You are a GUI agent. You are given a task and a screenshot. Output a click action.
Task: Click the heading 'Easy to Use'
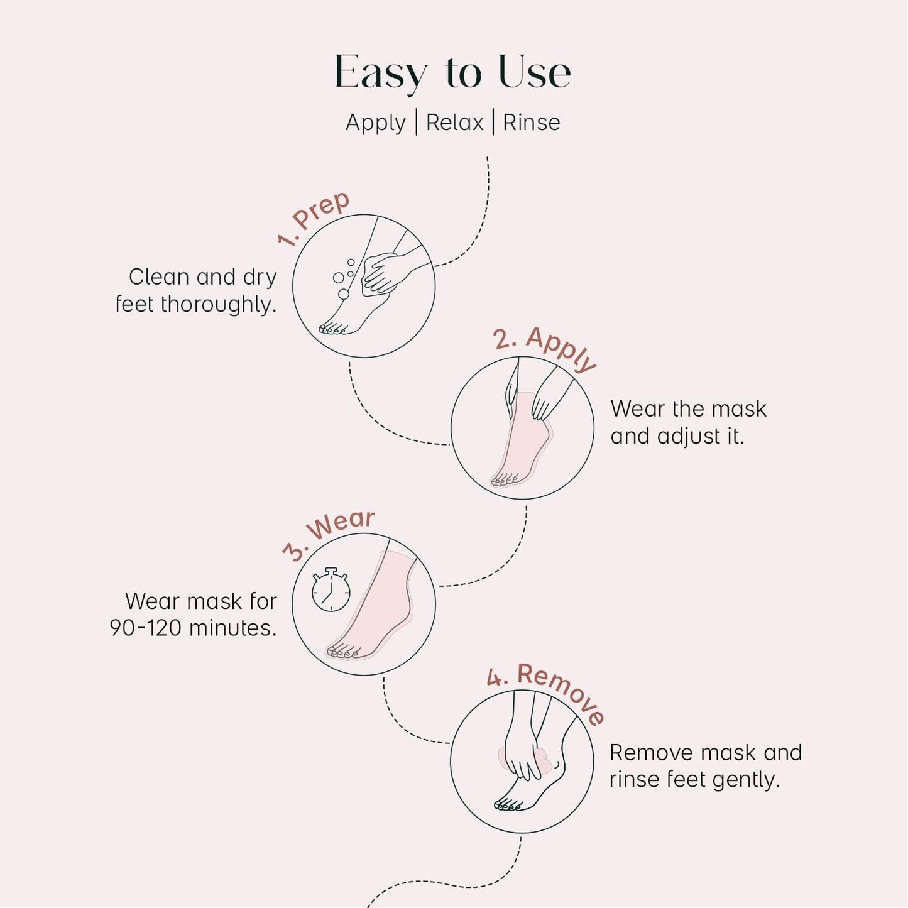(452, 72)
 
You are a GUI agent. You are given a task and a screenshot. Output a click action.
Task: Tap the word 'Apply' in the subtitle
(375, 123)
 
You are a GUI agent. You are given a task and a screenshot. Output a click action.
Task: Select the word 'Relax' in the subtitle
(454, 123)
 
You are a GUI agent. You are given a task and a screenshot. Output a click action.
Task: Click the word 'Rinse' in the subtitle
(531, 123)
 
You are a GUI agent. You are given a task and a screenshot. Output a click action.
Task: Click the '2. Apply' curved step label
(544, 347)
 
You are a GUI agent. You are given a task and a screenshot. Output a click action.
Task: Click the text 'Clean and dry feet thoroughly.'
(197, 290)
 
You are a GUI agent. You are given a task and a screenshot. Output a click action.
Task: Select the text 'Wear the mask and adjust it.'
(688, 422)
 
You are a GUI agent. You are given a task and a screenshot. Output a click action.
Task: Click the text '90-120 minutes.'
(193, 628)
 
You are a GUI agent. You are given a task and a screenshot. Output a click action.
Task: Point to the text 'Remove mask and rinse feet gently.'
(705, 765)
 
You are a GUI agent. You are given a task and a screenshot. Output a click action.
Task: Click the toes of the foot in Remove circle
(508, 804)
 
